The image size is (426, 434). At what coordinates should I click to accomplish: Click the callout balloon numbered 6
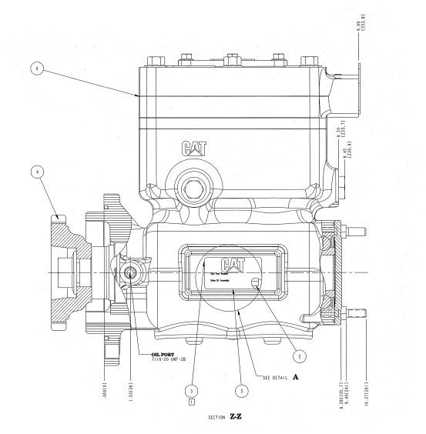tap(35, 68)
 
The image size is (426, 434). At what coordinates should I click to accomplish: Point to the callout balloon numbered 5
tap(243, 390)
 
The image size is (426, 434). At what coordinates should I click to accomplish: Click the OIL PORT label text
tap(164, 347)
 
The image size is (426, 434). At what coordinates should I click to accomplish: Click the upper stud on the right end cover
tap(356, 229)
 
